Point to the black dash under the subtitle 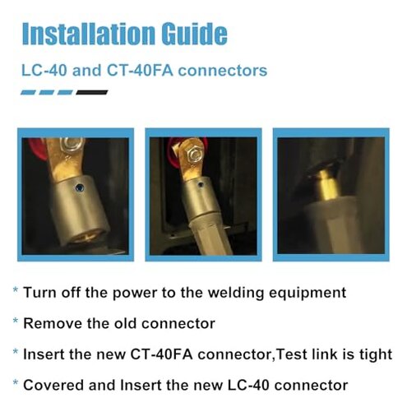[x=91, y=93]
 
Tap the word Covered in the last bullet [x=50, y=385]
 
